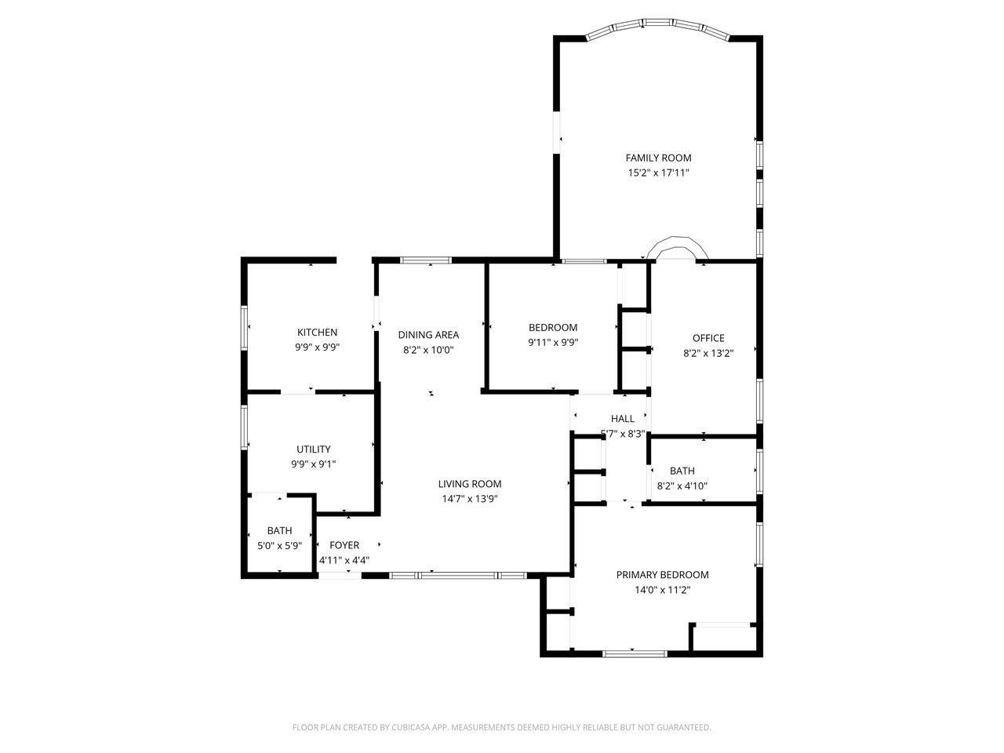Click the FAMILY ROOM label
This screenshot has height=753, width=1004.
658,158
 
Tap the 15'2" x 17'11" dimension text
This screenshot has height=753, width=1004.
658,173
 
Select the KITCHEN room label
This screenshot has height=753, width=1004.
317,332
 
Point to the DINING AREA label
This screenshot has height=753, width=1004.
428,335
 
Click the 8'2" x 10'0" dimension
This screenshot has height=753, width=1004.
428,350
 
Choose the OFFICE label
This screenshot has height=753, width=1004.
708,338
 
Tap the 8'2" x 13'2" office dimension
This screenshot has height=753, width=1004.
708,353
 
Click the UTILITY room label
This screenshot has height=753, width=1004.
313,449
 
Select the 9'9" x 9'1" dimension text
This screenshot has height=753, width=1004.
313,464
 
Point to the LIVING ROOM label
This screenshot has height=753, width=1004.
469,484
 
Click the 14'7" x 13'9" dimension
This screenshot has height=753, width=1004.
469,499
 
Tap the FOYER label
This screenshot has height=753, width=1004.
344,545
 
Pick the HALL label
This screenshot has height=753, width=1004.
623,418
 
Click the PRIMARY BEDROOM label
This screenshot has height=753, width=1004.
662,575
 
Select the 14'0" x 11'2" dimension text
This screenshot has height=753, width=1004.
662,590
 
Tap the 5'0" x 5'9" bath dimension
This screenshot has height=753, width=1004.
279,545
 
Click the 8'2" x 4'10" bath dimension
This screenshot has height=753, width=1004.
682,486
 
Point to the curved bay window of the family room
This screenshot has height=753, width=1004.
658,24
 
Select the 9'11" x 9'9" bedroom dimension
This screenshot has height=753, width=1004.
553,343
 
